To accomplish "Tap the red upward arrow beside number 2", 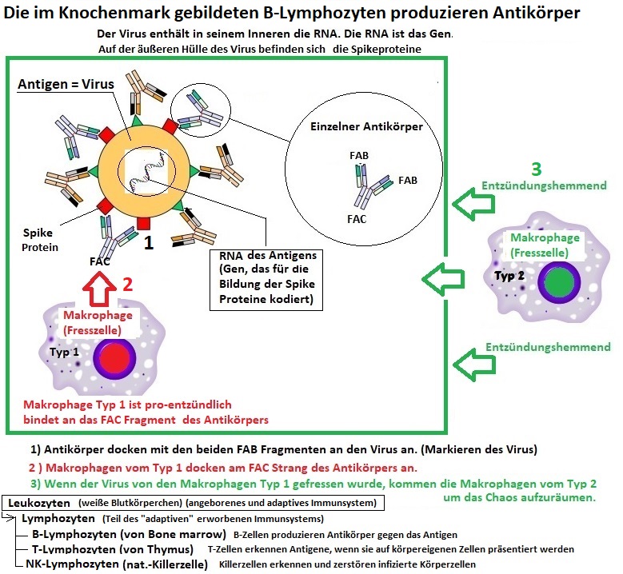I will pos(98,289).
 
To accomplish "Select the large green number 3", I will pos(537,169).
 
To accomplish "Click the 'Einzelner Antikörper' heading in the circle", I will pos(365,126).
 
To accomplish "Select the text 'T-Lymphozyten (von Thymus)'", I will pos(111,549).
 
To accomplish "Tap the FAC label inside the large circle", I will pos(357,217).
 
